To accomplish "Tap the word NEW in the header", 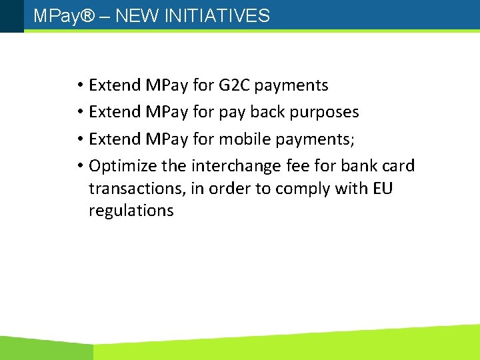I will pos(133,16).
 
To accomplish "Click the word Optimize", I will pos(120,165).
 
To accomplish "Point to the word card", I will pos(399,165).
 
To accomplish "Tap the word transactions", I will pos(136,189).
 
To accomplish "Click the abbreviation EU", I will pos(383,189).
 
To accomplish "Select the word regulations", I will pos(131,211).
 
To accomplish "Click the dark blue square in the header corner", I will pos(11,15).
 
